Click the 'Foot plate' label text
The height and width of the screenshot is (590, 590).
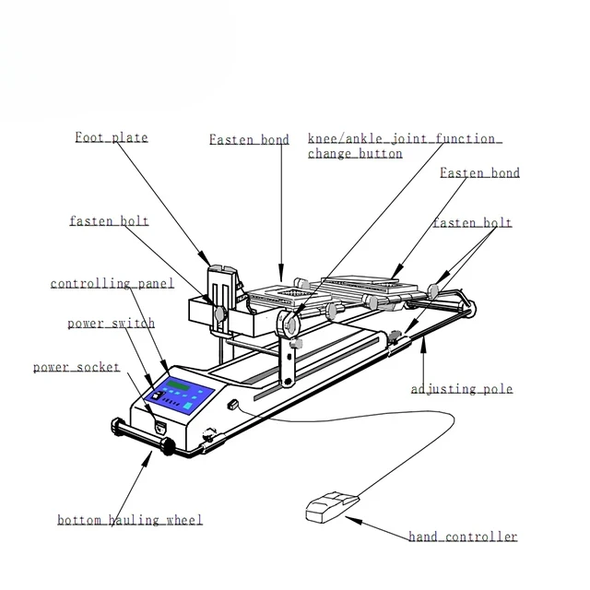[x=111, y=138]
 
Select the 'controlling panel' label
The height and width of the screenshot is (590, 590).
[x=112, y=284]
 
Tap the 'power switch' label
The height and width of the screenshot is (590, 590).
[x=111, y=324]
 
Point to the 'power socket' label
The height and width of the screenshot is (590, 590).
[x=77, y=367]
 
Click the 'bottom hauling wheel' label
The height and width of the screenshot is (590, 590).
[x=129, y=520]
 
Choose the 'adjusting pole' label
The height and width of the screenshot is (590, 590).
[x=461, y=389]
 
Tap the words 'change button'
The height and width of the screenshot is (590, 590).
[x=355, y=154]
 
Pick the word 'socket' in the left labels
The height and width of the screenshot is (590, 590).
[x=98, y=367]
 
